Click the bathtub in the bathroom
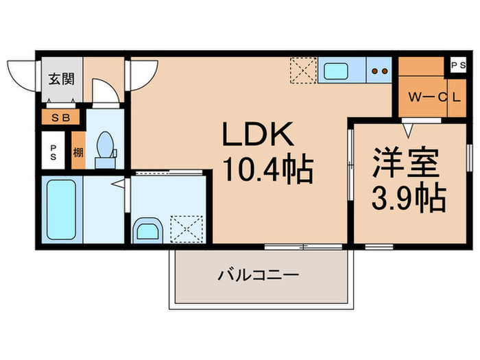60,208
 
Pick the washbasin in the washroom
147,229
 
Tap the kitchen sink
336,69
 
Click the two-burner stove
379,69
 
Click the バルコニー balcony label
259,276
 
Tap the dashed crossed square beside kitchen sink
302,69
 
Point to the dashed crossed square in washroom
183,226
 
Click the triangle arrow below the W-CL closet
408,128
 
